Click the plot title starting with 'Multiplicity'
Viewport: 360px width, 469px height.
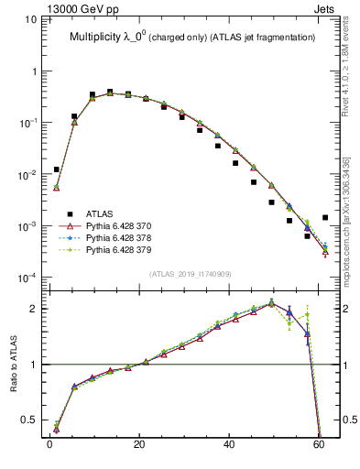tap(192, 37)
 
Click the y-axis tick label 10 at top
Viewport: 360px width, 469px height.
tap(32, 19)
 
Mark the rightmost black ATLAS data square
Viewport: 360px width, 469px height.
tap(325, 218)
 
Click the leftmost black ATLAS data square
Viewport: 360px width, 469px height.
tap(56, 169)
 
